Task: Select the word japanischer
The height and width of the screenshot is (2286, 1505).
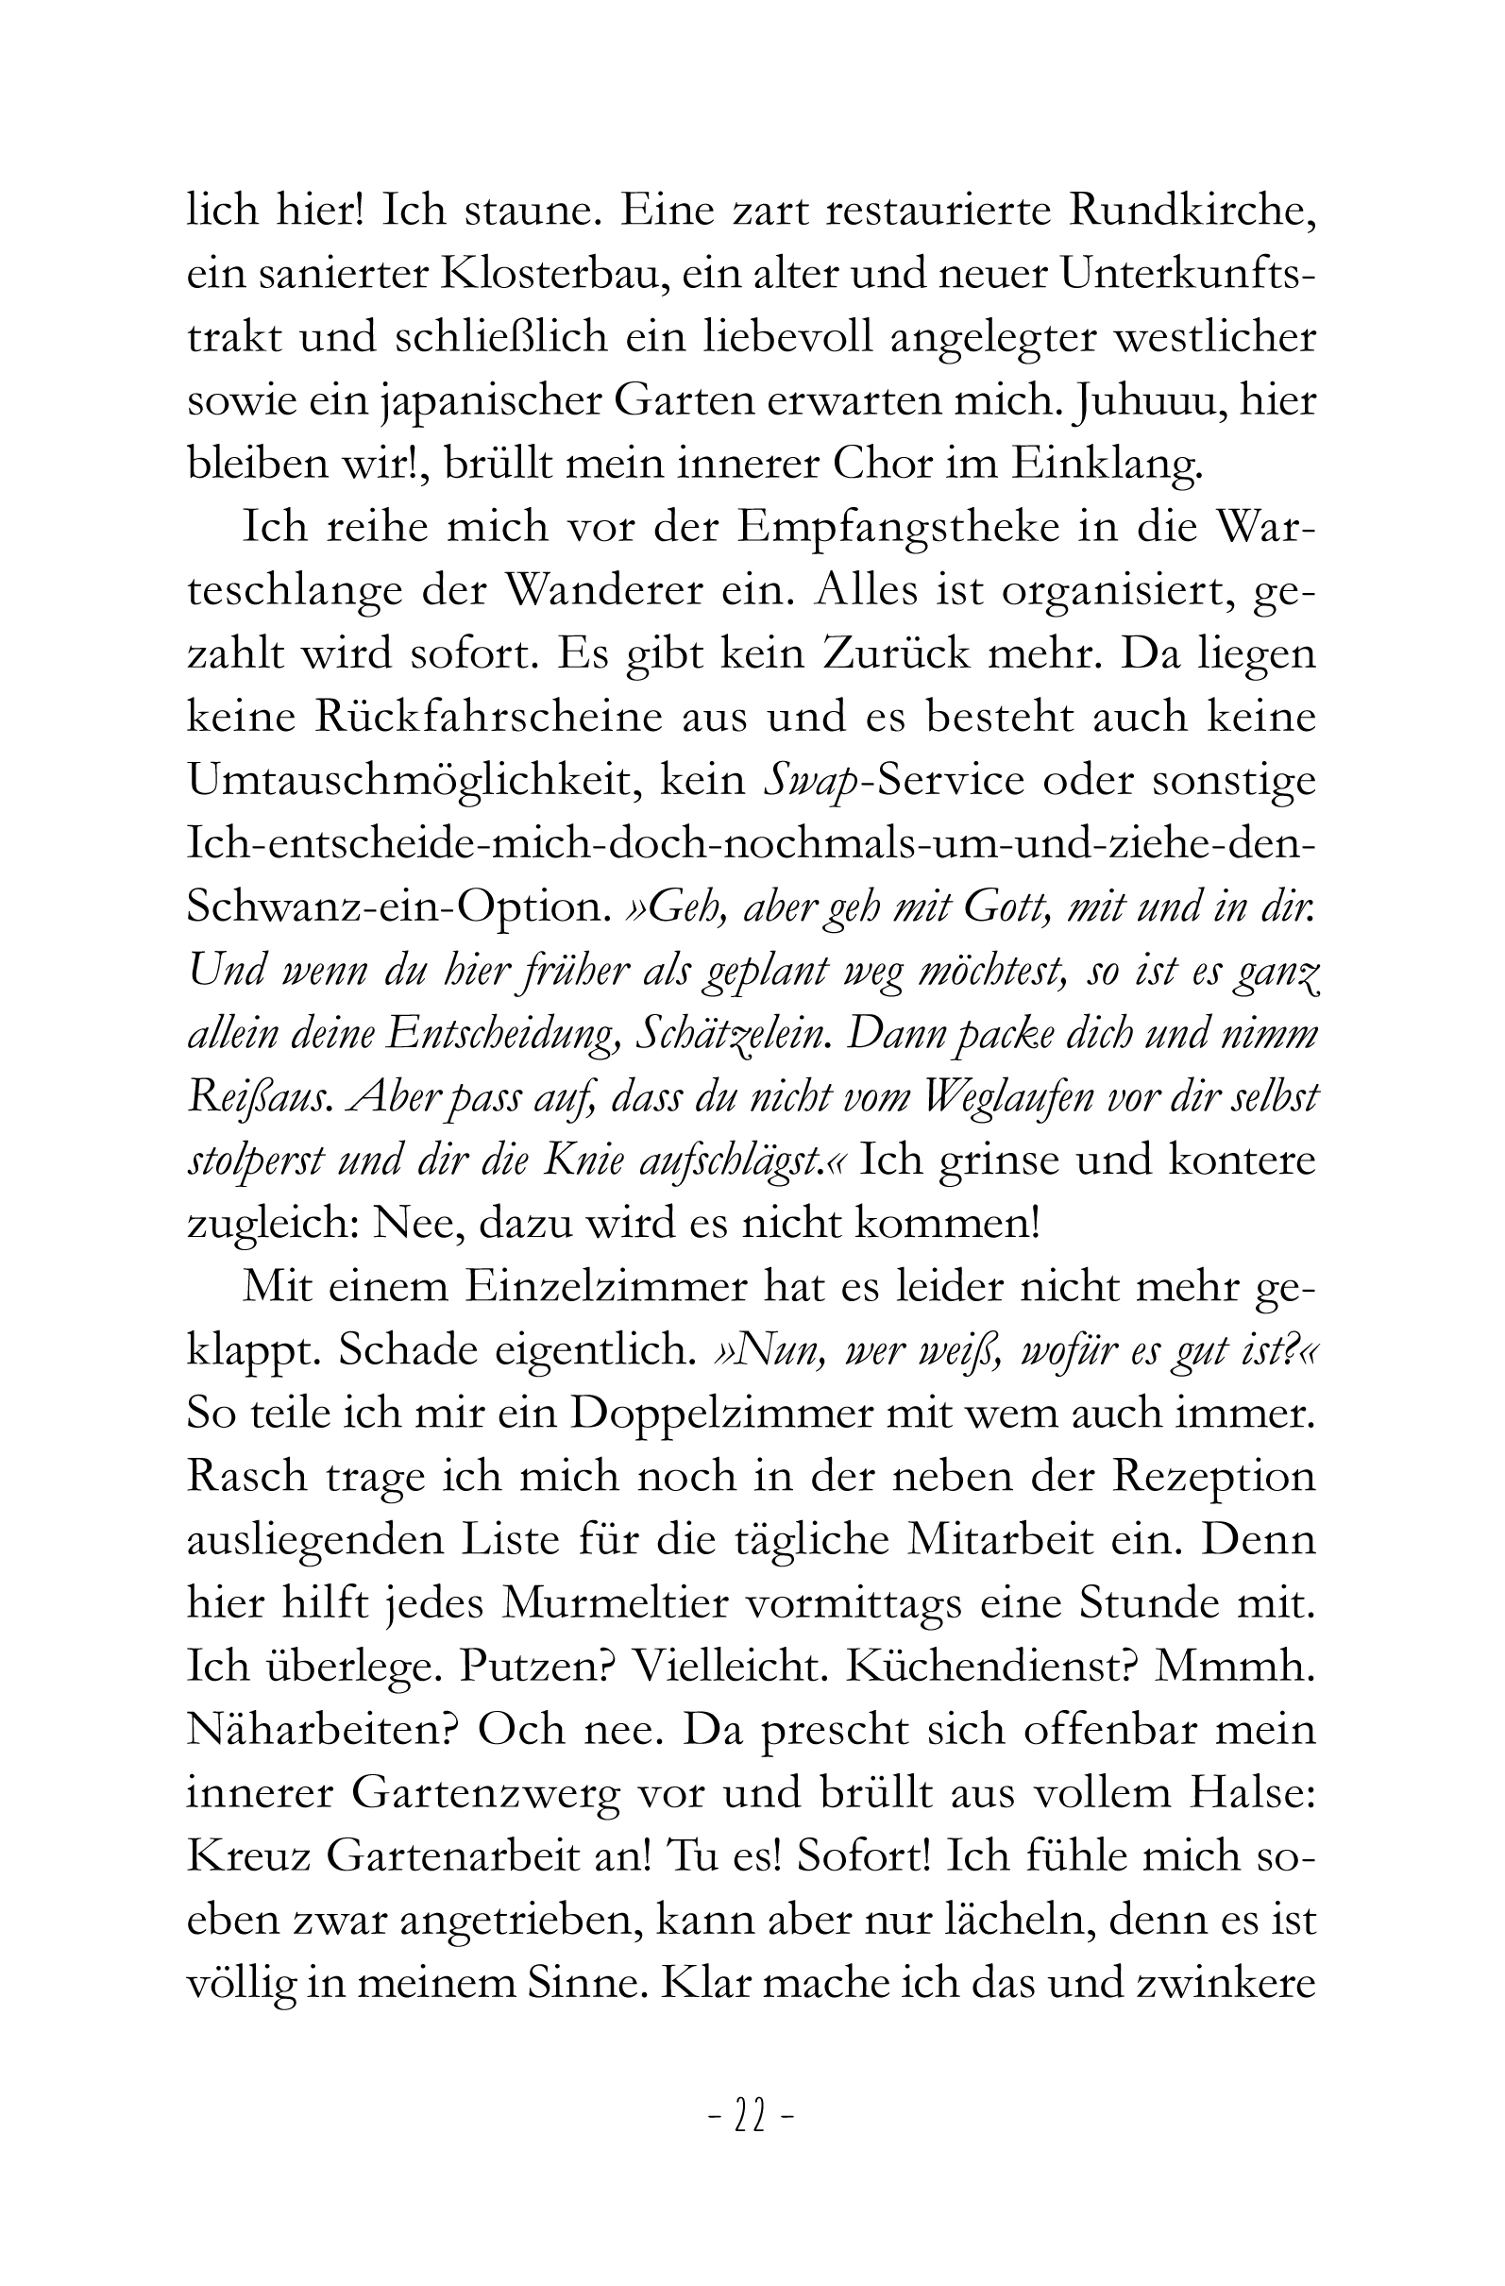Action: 486,400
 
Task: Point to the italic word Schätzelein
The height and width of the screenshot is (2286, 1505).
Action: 731,1034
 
